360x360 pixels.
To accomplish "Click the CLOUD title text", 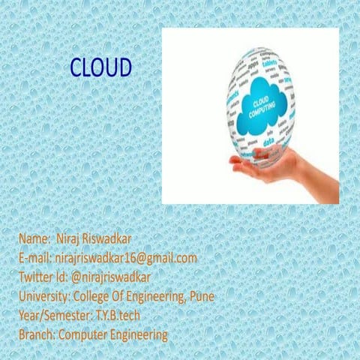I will click(100, 67).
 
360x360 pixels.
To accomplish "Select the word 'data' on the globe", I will click(268, 141).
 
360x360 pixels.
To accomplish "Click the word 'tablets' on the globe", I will click(272, 64).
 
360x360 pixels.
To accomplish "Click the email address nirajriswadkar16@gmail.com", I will click(125, 258).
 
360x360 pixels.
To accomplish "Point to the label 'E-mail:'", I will click(35, 258).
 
